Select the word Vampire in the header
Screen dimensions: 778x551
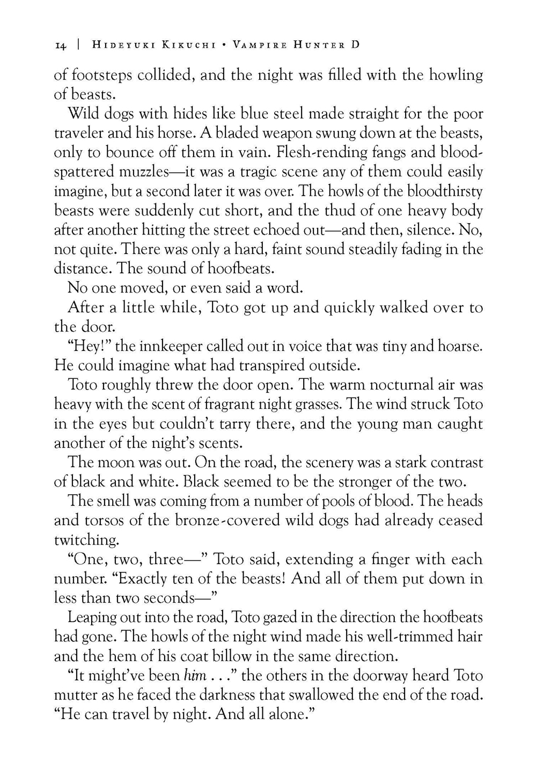[259, 45]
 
